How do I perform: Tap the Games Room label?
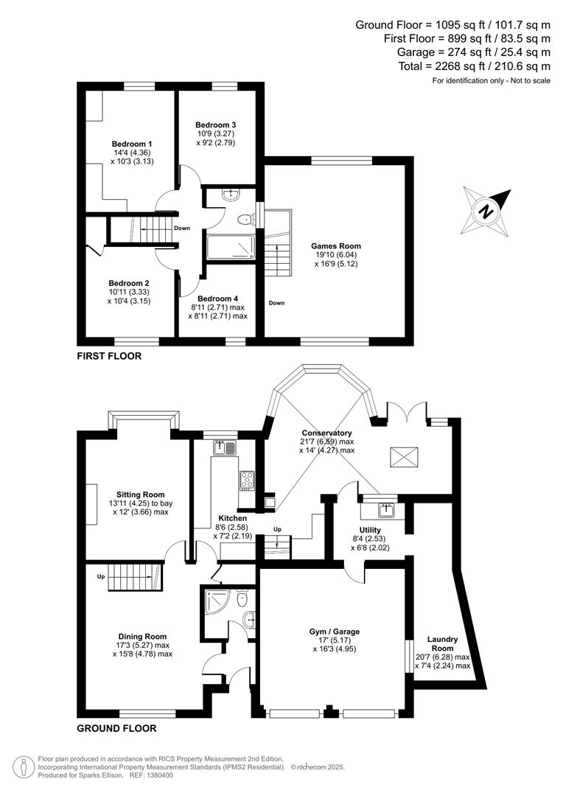coord(335,246)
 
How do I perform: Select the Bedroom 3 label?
coord(215,125)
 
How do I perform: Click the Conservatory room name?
coord(326,433)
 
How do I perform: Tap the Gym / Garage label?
coord(334,632)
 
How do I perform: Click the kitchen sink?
coord(224,447)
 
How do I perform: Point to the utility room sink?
coord(385,509)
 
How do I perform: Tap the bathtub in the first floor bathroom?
coord(230,248)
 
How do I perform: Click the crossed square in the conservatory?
coord(404,458)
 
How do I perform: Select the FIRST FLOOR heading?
coord(108,356)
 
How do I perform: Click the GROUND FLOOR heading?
coord(116,728)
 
